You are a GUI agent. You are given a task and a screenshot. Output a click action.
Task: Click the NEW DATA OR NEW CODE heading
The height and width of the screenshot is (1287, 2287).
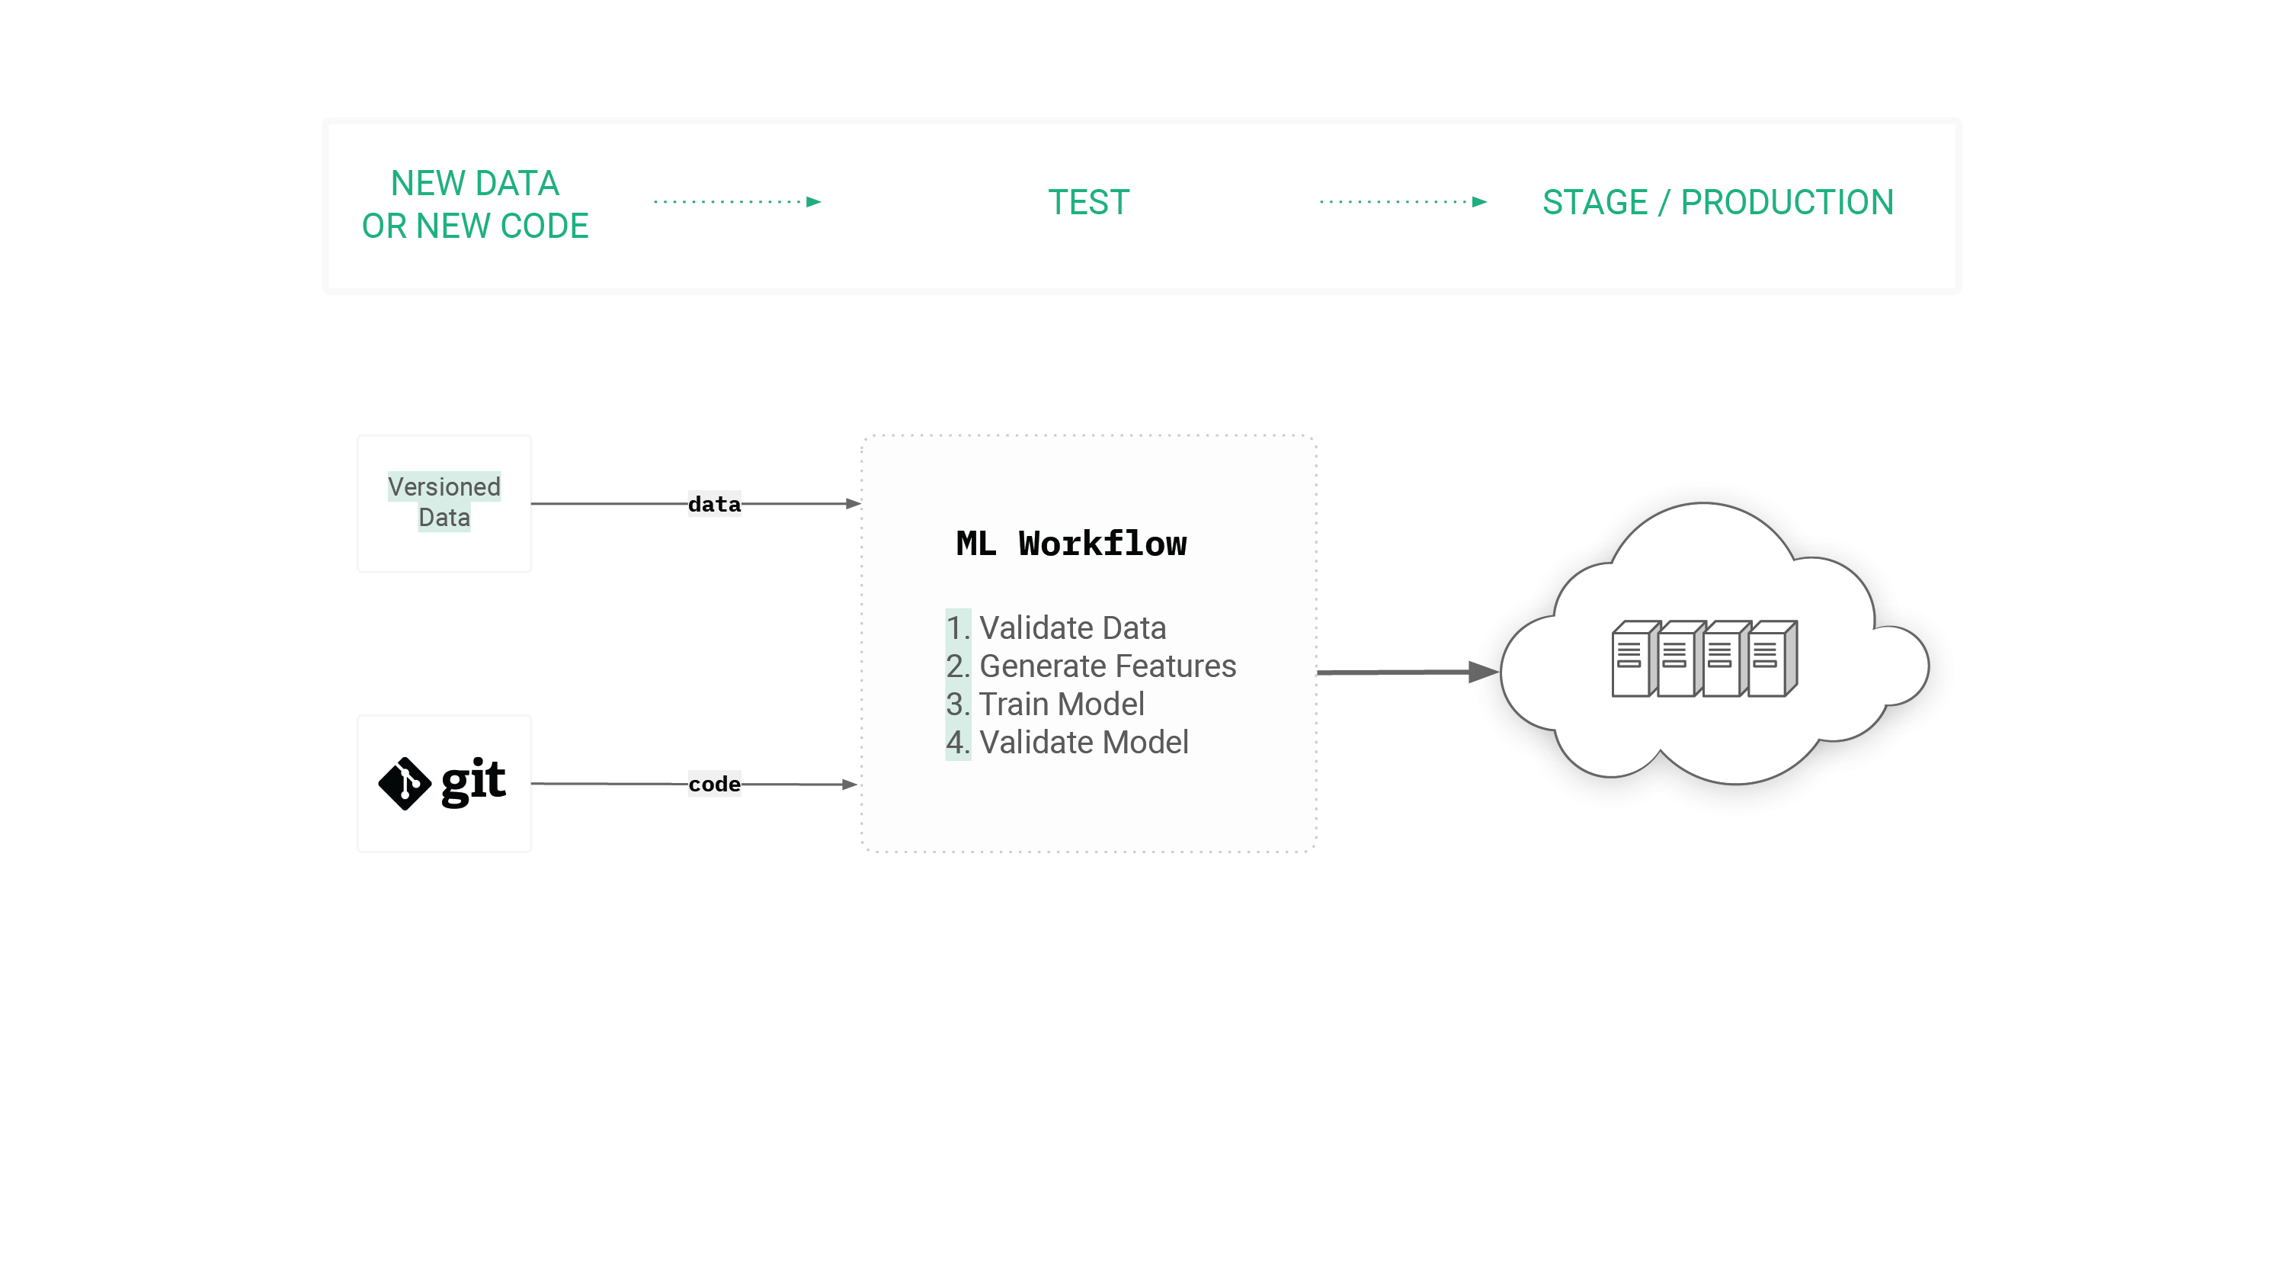(475, 204)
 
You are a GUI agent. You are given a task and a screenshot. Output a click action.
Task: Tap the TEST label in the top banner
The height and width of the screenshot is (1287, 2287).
(1088, 203)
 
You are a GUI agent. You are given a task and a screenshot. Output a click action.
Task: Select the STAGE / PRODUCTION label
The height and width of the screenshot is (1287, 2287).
(1717, 203)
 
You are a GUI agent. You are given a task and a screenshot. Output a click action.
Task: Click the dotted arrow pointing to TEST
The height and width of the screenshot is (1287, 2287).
(737, 201)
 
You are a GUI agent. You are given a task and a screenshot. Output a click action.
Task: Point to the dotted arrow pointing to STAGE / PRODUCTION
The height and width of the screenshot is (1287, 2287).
(1403, 201)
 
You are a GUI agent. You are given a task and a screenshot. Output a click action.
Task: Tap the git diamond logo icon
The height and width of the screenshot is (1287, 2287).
(405, 783)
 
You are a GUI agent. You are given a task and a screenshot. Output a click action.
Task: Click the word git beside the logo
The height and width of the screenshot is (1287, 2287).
(473, 782)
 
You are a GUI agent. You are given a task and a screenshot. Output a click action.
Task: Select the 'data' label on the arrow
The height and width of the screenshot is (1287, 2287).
(714, 505)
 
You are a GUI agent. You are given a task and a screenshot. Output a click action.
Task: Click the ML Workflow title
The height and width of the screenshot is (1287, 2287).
(1071, 544)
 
